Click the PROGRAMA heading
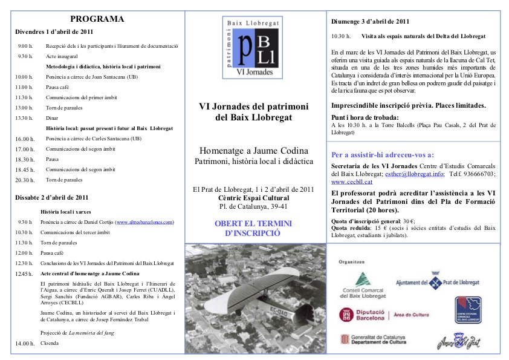coord(97,19)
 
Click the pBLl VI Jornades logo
coord(253,47)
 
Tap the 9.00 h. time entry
coord(25,46)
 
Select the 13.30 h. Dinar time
coord(25,118)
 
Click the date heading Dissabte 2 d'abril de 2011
coord(52,197)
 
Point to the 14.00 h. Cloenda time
coord(25,344)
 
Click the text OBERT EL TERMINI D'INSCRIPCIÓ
coord(253,227)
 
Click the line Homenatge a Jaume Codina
coord(254,150)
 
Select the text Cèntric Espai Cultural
coord(253,197)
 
